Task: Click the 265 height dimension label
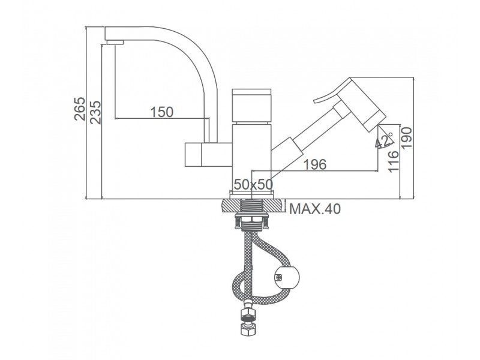coord(80,109)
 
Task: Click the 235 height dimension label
coord(96,112)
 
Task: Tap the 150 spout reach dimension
coord(161,112)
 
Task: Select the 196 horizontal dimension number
coord(315,164)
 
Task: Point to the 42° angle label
coord(384,140)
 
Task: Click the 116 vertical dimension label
coord(394,161)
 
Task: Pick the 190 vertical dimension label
coord(407,138)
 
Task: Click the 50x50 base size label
coord(253,184)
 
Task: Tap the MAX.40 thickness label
coord(314,209)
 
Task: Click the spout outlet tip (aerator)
coord(114,42)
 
